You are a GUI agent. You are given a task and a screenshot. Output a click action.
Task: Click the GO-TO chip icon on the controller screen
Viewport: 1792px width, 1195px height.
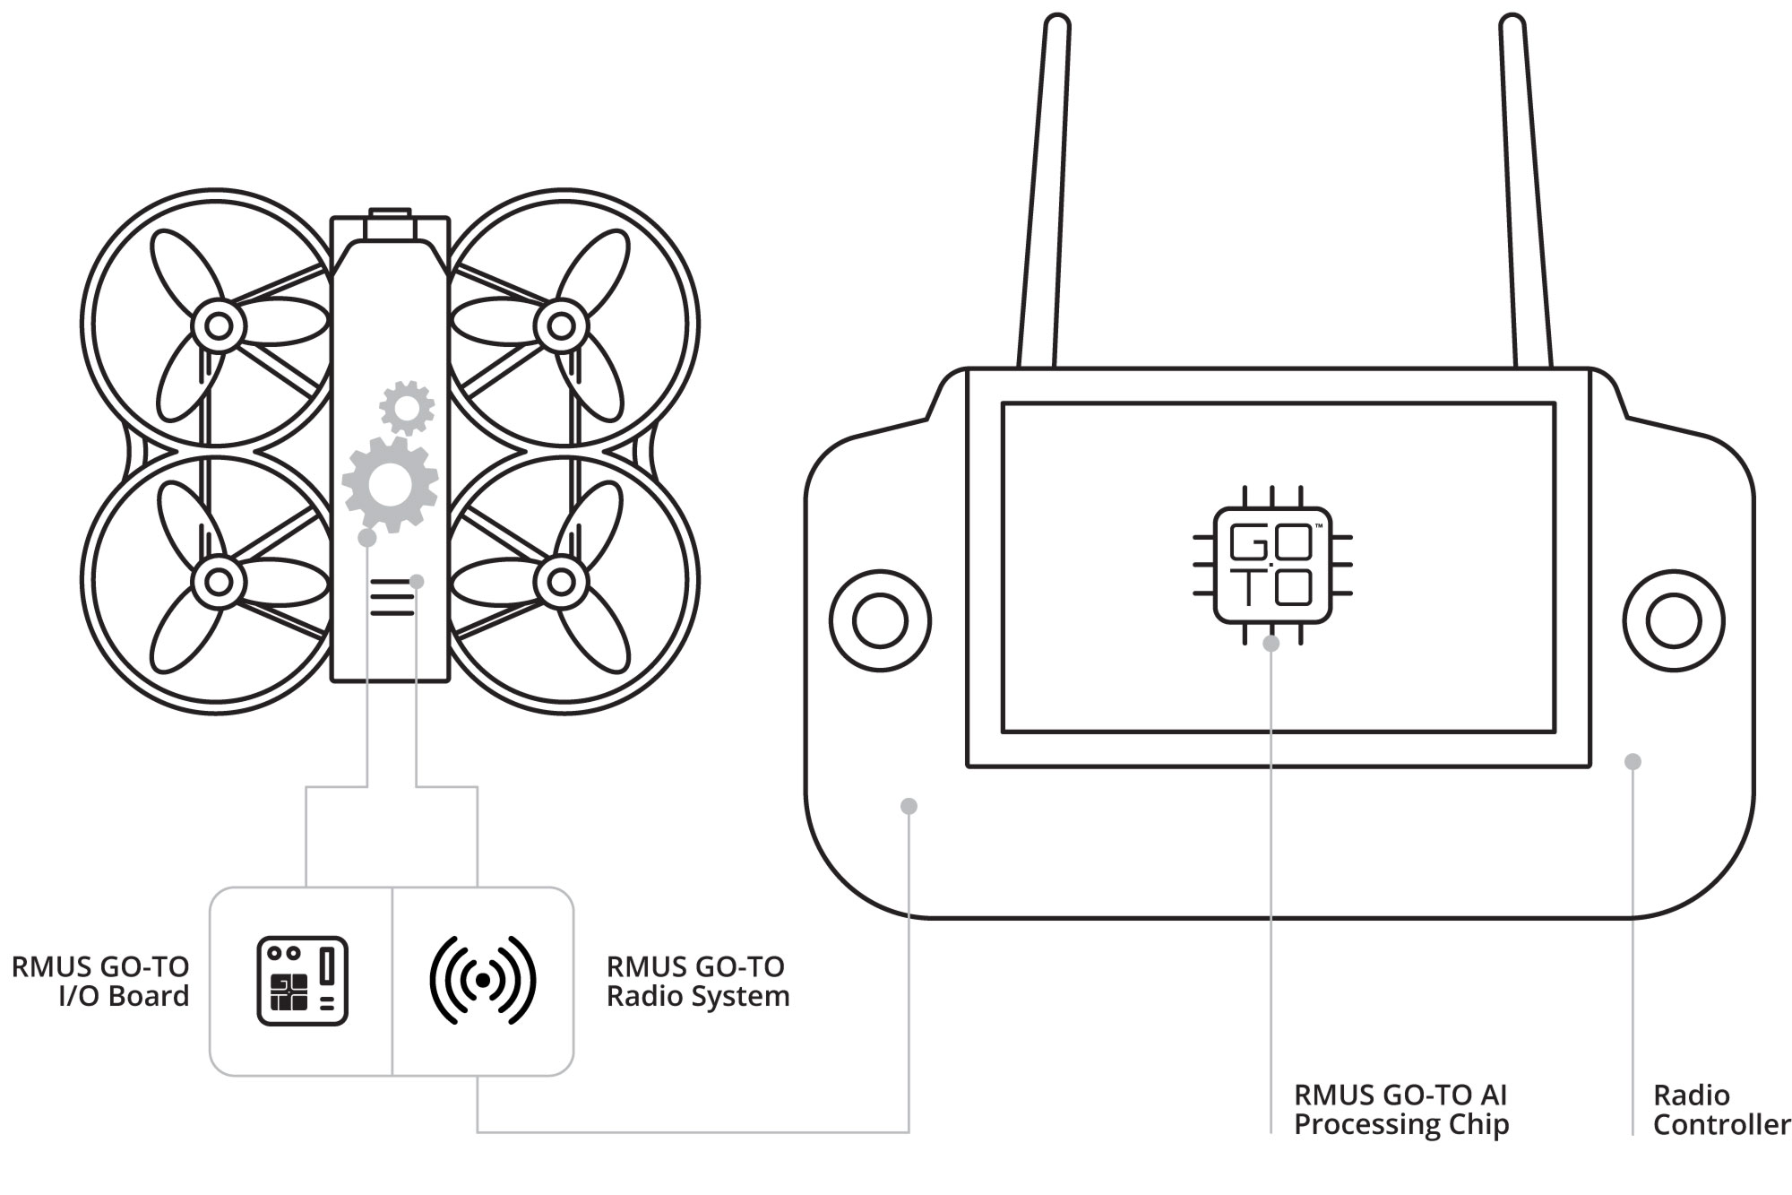[1272, 566]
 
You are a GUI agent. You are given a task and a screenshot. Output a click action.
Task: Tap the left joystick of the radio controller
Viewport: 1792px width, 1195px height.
[880, 620]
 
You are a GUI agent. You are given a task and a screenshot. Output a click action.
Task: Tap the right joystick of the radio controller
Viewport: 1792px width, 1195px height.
[1674, 620]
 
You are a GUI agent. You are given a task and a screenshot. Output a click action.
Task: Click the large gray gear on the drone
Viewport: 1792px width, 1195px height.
[390, 485]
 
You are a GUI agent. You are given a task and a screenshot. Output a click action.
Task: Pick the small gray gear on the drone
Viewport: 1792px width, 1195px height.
[407, 408]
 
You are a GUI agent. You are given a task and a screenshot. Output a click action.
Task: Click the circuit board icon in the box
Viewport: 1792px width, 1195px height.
[302, 981]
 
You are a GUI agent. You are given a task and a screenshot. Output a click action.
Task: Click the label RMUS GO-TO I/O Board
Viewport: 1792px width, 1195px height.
[100, 981]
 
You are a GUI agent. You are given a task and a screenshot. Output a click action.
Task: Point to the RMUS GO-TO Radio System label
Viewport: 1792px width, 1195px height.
[698, 981]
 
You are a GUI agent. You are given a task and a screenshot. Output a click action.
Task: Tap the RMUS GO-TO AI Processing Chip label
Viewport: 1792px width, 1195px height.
[1401, 1109]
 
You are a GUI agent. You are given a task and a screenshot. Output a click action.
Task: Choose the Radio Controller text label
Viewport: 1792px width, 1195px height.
[1721, 1109]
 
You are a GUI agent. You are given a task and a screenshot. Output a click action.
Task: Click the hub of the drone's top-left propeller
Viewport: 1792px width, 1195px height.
[218, 325]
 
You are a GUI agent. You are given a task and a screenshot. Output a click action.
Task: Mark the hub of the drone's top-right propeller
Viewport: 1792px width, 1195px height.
[561, 325]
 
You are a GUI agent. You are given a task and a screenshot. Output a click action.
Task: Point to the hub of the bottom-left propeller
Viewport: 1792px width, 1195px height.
[218, 582]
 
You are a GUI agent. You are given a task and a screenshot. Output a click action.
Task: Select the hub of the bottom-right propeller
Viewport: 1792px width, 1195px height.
[561, 582]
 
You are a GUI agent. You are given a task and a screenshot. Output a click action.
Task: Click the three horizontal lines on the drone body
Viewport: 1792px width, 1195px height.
[392, 597]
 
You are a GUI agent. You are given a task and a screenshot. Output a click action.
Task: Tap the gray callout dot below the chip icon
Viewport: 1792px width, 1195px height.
[1271, 643]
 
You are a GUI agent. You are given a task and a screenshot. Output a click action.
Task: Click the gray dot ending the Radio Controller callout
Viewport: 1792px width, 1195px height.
[1633, 761]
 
